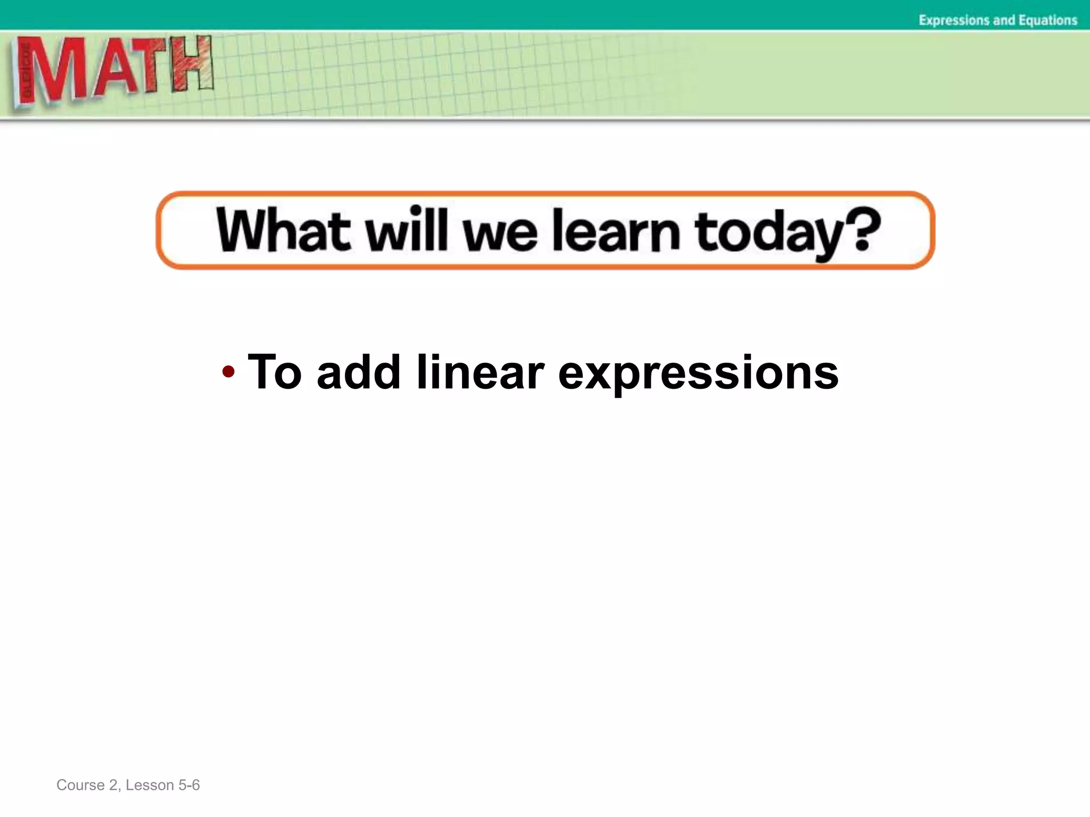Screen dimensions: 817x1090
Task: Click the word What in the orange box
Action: pyautogui.click(x=283, y=230)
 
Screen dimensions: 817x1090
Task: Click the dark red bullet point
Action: pyautogui.click(x=228, y=371)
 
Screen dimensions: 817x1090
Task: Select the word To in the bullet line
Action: pyautogui.click(x=275, y=372)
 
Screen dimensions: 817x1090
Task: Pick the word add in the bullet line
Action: pyautogui.click(x=358, y=372)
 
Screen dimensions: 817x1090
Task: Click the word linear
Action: pyautogui.click(x=480, y=372)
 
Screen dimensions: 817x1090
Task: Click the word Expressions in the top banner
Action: pyautogui.click(x=954, y=20)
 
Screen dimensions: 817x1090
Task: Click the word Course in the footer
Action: pyautogui.click(x=80, y=785)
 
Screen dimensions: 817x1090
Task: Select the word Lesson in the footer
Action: pyautogui.click(x=150, y=785)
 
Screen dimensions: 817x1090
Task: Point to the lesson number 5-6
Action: pyautogui.click(x=189, y=785)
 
